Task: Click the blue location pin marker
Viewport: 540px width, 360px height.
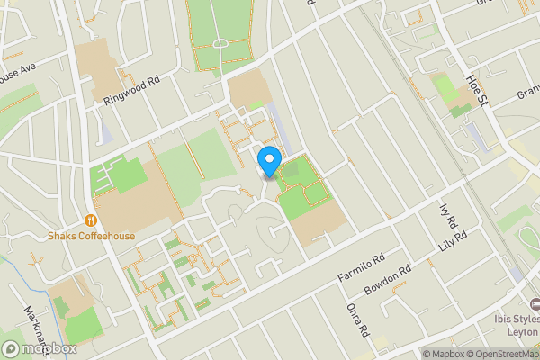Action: tap(268, 162)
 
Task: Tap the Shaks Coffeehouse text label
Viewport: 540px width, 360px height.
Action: tap(91, 237)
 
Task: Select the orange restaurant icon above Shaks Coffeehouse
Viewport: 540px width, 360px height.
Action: tap(91, 220)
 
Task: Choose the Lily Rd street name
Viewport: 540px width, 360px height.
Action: tap(461, 240)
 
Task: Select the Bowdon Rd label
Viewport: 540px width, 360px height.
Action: tap(387, 281)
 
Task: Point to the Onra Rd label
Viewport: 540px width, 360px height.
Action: tap(358, 319)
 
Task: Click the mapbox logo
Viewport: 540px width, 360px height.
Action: tap(39, 348)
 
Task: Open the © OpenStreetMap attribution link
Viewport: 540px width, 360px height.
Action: tap(506, 354)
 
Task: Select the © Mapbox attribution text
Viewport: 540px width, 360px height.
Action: tap(446, 354)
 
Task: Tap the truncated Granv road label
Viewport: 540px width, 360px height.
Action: tap(527, 93)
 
